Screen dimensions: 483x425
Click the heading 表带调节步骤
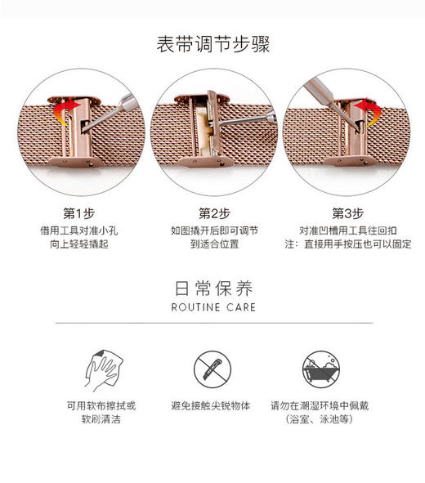[212, 43]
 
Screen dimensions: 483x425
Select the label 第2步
[212, 213]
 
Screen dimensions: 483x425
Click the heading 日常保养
[212, 288]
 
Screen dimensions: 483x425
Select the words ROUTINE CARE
[212, 307]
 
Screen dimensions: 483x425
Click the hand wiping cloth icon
[101, 366]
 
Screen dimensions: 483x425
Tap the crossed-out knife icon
[212, 366]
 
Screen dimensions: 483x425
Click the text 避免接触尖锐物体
[212, 405]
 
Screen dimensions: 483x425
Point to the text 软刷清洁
[101, 418]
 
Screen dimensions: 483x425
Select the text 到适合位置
[212, 244]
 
